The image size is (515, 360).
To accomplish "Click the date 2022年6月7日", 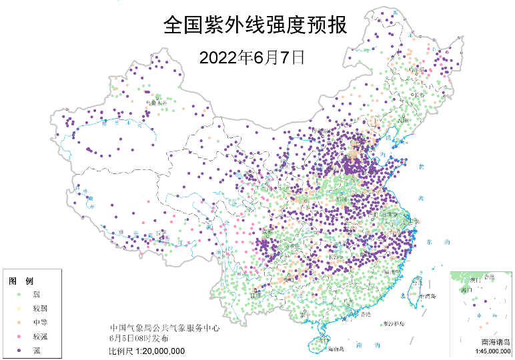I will [x=251, y=57].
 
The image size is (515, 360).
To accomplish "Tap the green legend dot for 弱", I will [x=19, y=294].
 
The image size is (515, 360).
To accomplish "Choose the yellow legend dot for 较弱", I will [x=19, y=309].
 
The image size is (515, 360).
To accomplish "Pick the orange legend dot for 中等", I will [x=19, y=323].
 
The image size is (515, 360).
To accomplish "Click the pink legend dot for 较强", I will [x=19, y=337].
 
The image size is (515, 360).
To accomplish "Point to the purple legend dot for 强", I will [x=19, y=351].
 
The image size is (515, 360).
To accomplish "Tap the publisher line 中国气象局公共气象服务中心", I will [x=165, y=328].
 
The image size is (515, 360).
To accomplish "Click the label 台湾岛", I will [x=428, y=296].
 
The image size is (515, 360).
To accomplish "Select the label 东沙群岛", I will [x=394, y=324].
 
